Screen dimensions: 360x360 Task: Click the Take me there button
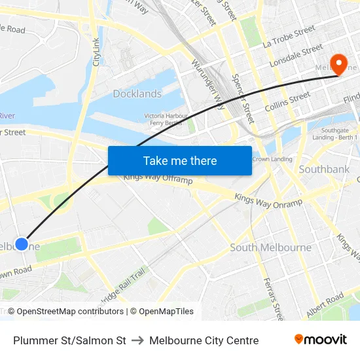coord(180,160)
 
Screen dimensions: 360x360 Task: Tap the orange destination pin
coord(339,63)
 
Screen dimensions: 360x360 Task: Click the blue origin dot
coord(22,243)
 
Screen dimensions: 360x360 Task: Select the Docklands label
coord(137,94)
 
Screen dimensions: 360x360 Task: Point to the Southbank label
coord(324,169)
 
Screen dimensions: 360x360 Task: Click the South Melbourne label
coord(270,247)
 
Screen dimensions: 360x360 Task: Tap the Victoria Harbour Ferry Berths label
coord(166,120)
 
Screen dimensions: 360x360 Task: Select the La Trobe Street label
coord(289,37)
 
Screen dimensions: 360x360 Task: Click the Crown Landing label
coord(272,159)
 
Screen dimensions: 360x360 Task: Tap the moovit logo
coord(320,339)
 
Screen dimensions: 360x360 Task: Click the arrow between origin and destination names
coord(137,340)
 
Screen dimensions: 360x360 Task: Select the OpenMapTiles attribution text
coord(162,312)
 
